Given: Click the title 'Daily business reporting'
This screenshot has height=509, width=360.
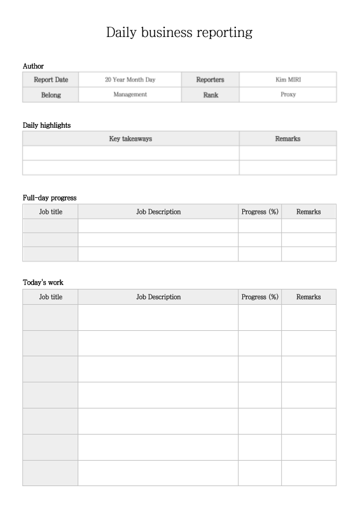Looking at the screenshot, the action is click(x=179, y=32).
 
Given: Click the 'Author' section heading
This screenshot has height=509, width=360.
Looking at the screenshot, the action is click(x=33, y=66).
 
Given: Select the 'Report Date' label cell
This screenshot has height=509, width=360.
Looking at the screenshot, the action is click(x=50, y=80).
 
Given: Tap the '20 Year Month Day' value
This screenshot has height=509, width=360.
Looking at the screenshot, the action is click(x=130, y=80).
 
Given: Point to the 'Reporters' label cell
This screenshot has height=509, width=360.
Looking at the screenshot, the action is click(x=210, y=80).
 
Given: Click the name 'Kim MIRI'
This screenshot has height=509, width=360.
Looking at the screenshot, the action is click(x=288, y=80).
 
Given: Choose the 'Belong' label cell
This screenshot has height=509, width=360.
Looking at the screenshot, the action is click(x=50, y=95).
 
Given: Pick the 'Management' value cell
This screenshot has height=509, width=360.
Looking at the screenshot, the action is click(x=130, y=95).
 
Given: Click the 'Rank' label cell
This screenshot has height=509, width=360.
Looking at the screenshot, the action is click(x=210, y=95).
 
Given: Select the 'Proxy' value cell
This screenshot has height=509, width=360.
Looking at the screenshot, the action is click(x=288, y=95).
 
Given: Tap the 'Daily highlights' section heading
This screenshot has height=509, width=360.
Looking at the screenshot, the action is click(x=46, y=125).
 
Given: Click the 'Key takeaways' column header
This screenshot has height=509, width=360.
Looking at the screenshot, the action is click(x=130, y=139).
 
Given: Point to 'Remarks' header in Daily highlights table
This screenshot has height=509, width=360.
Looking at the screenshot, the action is click(x=287, y=139).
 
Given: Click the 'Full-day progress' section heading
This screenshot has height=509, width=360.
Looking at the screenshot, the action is click(x=50, y=198).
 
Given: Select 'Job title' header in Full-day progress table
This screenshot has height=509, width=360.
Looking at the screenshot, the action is click(x=50, y=212).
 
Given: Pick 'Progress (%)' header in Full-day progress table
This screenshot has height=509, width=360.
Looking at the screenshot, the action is click(x=260, y=212).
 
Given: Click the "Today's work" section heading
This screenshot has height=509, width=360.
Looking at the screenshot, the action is click(x=43, y=282).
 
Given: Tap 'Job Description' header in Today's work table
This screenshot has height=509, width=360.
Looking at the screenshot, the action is click(x=158, y=297).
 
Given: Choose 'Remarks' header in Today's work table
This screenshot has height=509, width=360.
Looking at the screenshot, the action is click(x=308, y=297).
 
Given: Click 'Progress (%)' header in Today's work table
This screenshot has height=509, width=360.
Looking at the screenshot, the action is click(x=260, y=297).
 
